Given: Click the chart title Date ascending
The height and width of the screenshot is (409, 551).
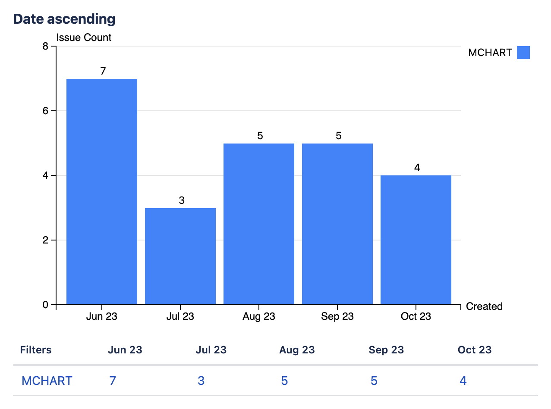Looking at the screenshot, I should pyautogui.click(x=64, y=19).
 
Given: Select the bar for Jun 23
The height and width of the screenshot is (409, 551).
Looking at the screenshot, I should pyautogui.click(x=102, y=192).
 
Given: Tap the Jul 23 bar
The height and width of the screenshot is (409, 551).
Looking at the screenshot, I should pyautogui.click(x=180, y=256).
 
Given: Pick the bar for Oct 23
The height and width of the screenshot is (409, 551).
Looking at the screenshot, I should pyautogui.click(x=416, y=240).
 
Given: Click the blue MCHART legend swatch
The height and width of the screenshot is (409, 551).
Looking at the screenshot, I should pyautogui.click(x=523, y=53).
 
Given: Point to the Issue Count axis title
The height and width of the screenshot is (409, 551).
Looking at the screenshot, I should pyautogui.click(x=84, y=37).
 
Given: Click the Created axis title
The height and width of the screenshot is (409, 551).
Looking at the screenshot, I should pyautogui.click(x=484, y=306).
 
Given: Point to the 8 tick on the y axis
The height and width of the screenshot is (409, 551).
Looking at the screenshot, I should pyautogui.click(x=45, y=46).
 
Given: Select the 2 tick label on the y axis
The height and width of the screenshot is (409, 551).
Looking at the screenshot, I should pyautogui.click(x=45, y=240).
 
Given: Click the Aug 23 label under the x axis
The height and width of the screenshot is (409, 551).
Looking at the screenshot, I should pyautogui.click(x=259, y=316).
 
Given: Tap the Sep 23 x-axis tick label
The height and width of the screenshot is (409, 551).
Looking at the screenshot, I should pyautogui.click(x=337, y=316).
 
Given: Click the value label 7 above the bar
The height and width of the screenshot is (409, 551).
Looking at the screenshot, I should pyautogui.click(x=103, y=71).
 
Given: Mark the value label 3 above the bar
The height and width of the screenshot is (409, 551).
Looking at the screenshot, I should pyautogui.click(x=181, y=200).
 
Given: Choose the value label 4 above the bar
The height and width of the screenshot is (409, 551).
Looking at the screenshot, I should pyautogui.click(x=417, y=168).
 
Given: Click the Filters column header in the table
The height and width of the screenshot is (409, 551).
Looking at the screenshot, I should pyautogui.click(x=36, y=350).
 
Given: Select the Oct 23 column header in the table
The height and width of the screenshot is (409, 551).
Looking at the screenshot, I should pyautogui.click(x=475, y=350).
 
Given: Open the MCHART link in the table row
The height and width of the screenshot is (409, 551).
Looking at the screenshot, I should pyautogui.click(x=47, y=381).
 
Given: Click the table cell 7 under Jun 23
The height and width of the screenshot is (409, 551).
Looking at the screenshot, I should pyautogui.click(x=113, y=381).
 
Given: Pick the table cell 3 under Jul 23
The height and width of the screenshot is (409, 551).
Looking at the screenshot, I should pyautogui.click(x=201, y=381).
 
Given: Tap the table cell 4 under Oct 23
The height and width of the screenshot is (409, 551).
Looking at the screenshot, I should pyautogui.click(x=463, y=381).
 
